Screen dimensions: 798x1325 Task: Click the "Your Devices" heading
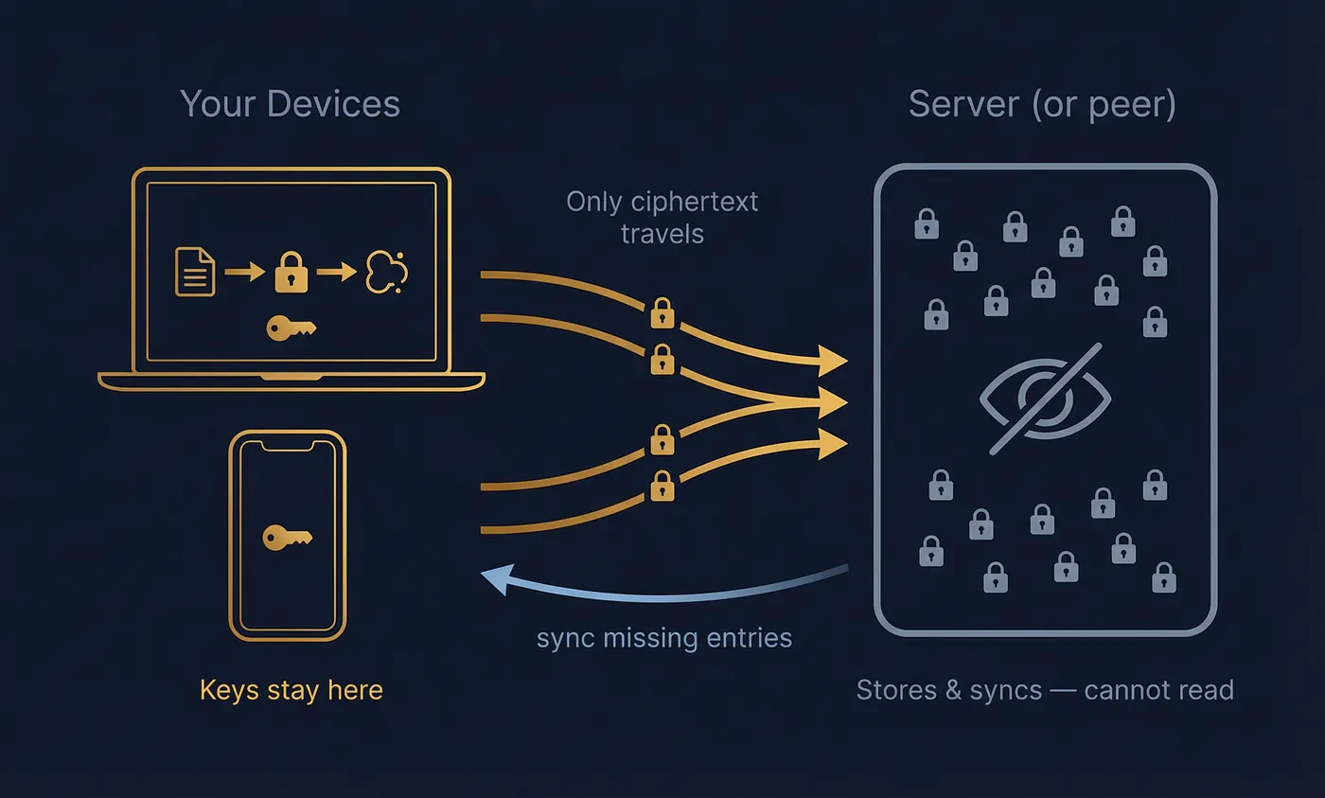tap(290, 104)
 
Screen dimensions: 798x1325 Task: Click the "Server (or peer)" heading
tap(1042, 104)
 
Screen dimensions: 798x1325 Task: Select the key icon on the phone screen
tap(287, 538)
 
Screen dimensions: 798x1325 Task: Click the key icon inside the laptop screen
tap(291, 328)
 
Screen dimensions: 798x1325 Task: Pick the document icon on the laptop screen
tap(195, 273)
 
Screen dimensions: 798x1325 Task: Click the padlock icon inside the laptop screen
tap(291, 273)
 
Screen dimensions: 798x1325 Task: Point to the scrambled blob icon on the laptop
tap(386, 271)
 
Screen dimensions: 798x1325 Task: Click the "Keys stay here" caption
tap(291, 690)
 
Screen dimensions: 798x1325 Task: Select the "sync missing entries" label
tap(663, 638)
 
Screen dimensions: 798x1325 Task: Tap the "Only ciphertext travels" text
tap(662, 217)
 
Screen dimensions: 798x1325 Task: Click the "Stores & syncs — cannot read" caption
tap(1045, 690)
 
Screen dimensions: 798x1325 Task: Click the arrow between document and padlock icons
tap(243, 273)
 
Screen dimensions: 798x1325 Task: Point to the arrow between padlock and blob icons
tap(336, 273)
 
